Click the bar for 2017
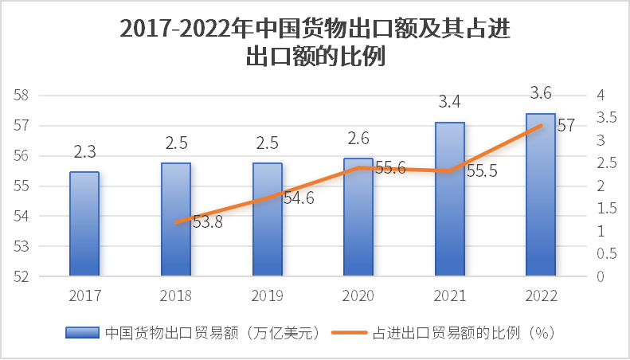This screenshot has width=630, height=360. [84, 225]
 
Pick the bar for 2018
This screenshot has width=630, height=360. [176, 220]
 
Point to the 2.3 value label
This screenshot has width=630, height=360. [84, 151]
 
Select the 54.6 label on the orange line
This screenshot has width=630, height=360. [299, 198]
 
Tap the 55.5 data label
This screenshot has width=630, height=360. [480, 172]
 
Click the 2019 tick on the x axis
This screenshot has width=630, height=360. [267, 295]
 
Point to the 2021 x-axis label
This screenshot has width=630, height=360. [449, 295]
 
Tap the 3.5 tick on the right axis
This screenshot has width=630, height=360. [606, 118]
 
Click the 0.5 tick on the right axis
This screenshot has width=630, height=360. [606, 254]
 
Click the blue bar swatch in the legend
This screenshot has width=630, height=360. [82, 333]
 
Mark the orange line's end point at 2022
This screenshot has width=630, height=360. [542, 125]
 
